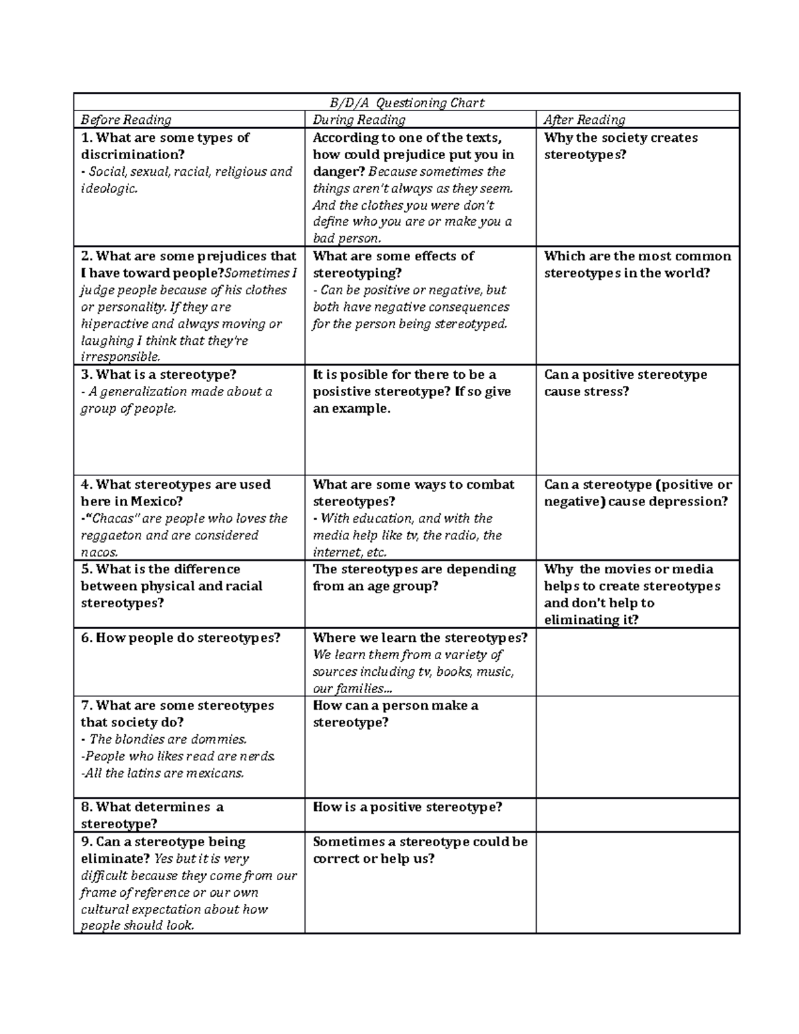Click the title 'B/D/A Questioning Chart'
coord(407,103)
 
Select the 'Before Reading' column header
coord(126,120)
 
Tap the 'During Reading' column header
coord(359,120)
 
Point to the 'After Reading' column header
coord(584,120)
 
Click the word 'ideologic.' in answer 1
coord(109,188)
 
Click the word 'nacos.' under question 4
coord(100,552)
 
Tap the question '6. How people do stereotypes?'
coord(180,638)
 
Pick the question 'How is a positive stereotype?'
coord(407,807)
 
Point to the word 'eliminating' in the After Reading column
coord(578,620)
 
